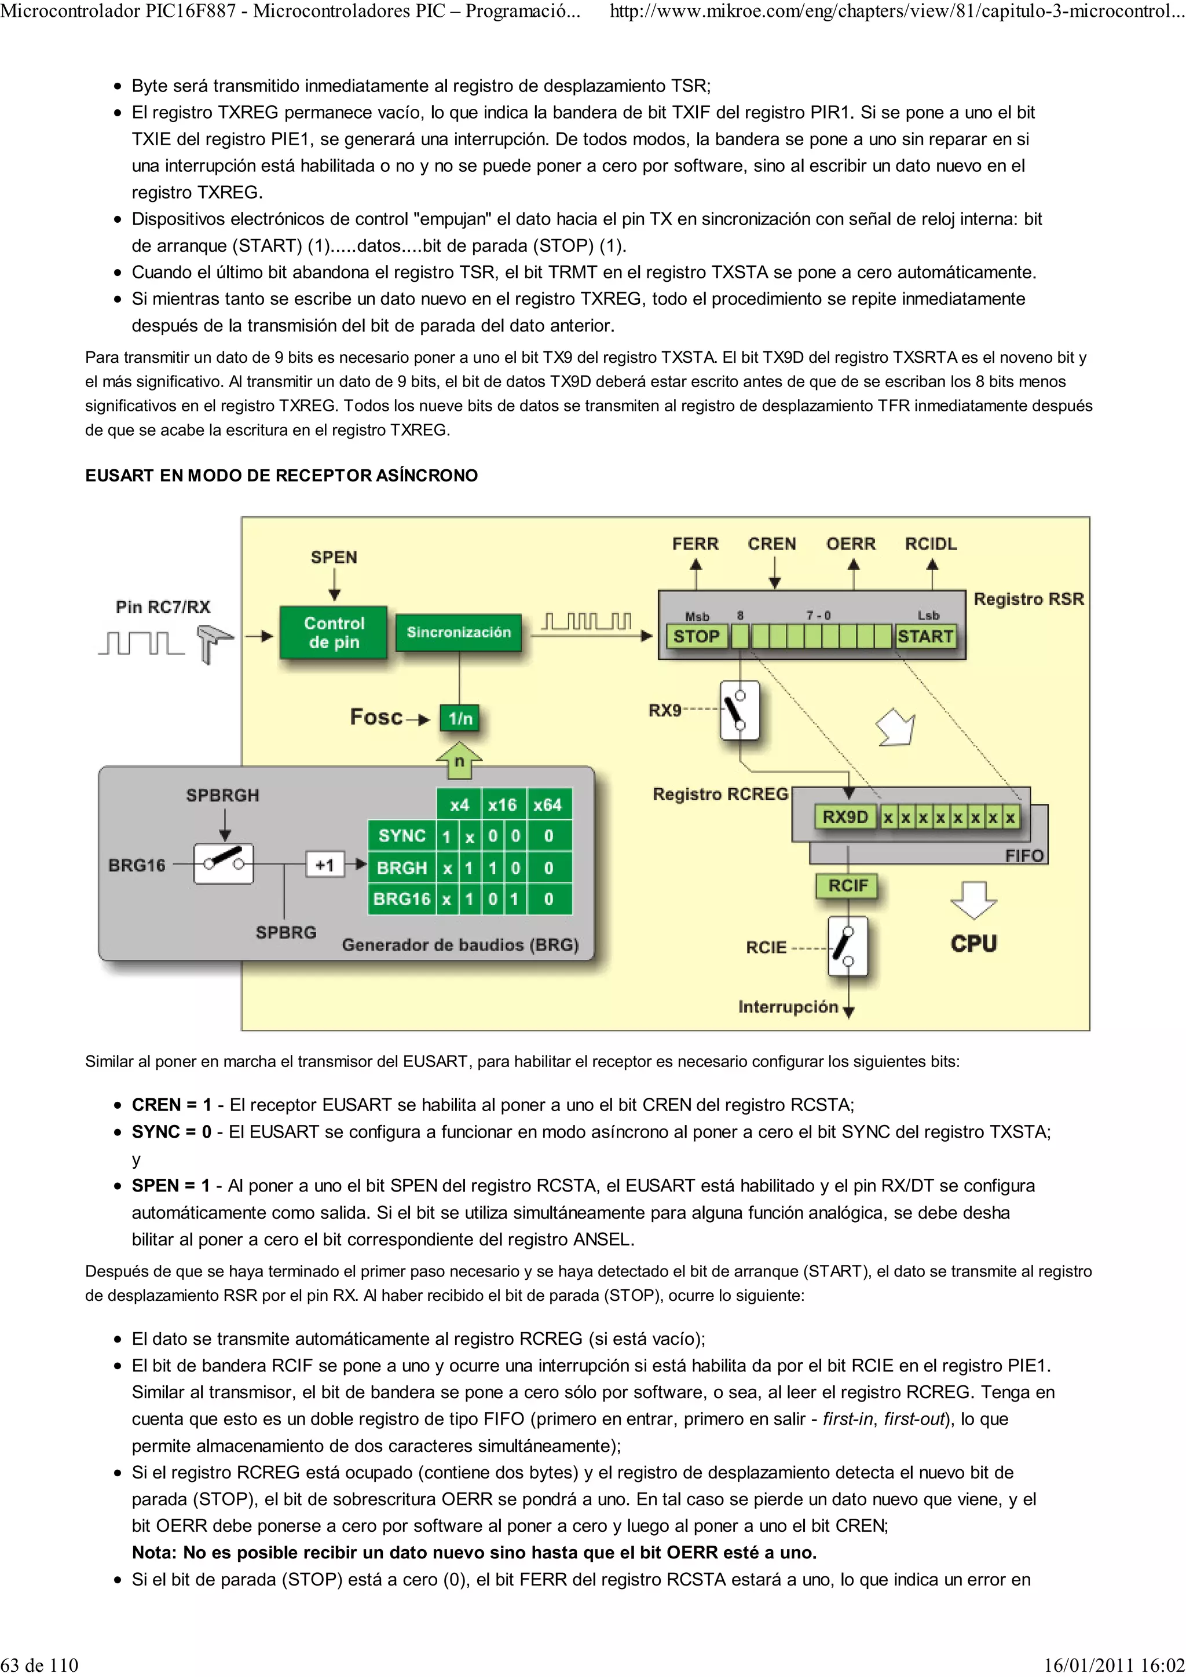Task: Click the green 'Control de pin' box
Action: point(334,632)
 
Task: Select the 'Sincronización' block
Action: point(459,632)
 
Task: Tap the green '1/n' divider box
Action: point(460,718)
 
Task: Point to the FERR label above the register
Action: point(695,543)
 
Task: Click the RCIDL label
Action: point(930,543)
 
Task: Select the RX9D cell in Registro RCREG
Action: point(845,817)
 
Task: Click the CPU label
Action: point(973,943)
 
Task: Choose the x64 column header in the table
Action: point(547,804)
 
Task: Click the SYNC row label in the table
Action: point(401,836)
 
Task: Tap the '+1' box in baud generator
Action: point(324,865)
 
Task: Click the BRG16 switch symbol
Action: point(224,864)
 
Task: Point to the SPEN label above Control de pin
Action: point(334,557)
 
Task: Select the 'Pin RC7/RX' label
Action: point(163,606)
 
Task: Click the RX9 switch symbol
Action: point(740,710)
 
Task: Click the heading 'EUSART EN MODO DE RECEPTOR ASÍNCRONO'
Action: point(281,476)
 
